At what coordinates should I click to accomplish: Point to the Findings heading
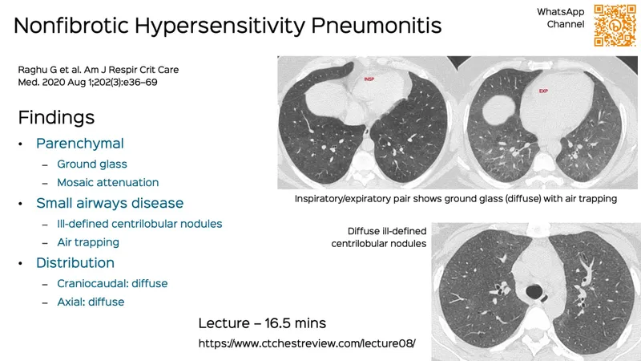coord(56,117)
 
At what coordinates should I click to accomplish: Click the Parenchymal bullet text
coord(79,144)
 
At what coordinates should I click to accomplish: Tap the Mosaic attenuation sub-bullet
coord(107,183)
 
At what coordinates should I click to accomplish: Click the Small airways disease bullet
coord(110,203)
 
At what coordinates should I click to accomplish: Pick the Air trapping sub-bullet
coord(88,242)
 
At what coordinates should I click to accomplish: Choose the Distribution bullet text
coord(75,262)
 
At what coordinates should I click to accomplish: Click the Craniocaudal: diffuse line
coord(112,283)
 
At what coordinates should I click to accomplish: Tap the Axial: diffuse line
coord(91,302)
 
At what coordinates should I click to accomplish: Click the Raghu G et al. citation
coord(99,75)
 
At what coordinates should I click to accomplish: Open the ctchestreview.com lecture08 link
coord(307,343)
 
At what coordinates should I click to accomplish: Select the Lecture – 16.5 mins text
coord(262,322)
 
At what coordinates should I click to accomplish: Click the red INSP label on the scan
coord(369,79)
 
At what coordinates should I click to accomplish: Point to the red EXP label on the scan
coord(543,91)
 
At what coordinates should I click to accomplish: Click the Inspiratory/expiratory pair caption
coord(455,198)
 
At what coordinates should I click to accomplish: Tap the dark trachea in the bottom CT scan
coord(530,286)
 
